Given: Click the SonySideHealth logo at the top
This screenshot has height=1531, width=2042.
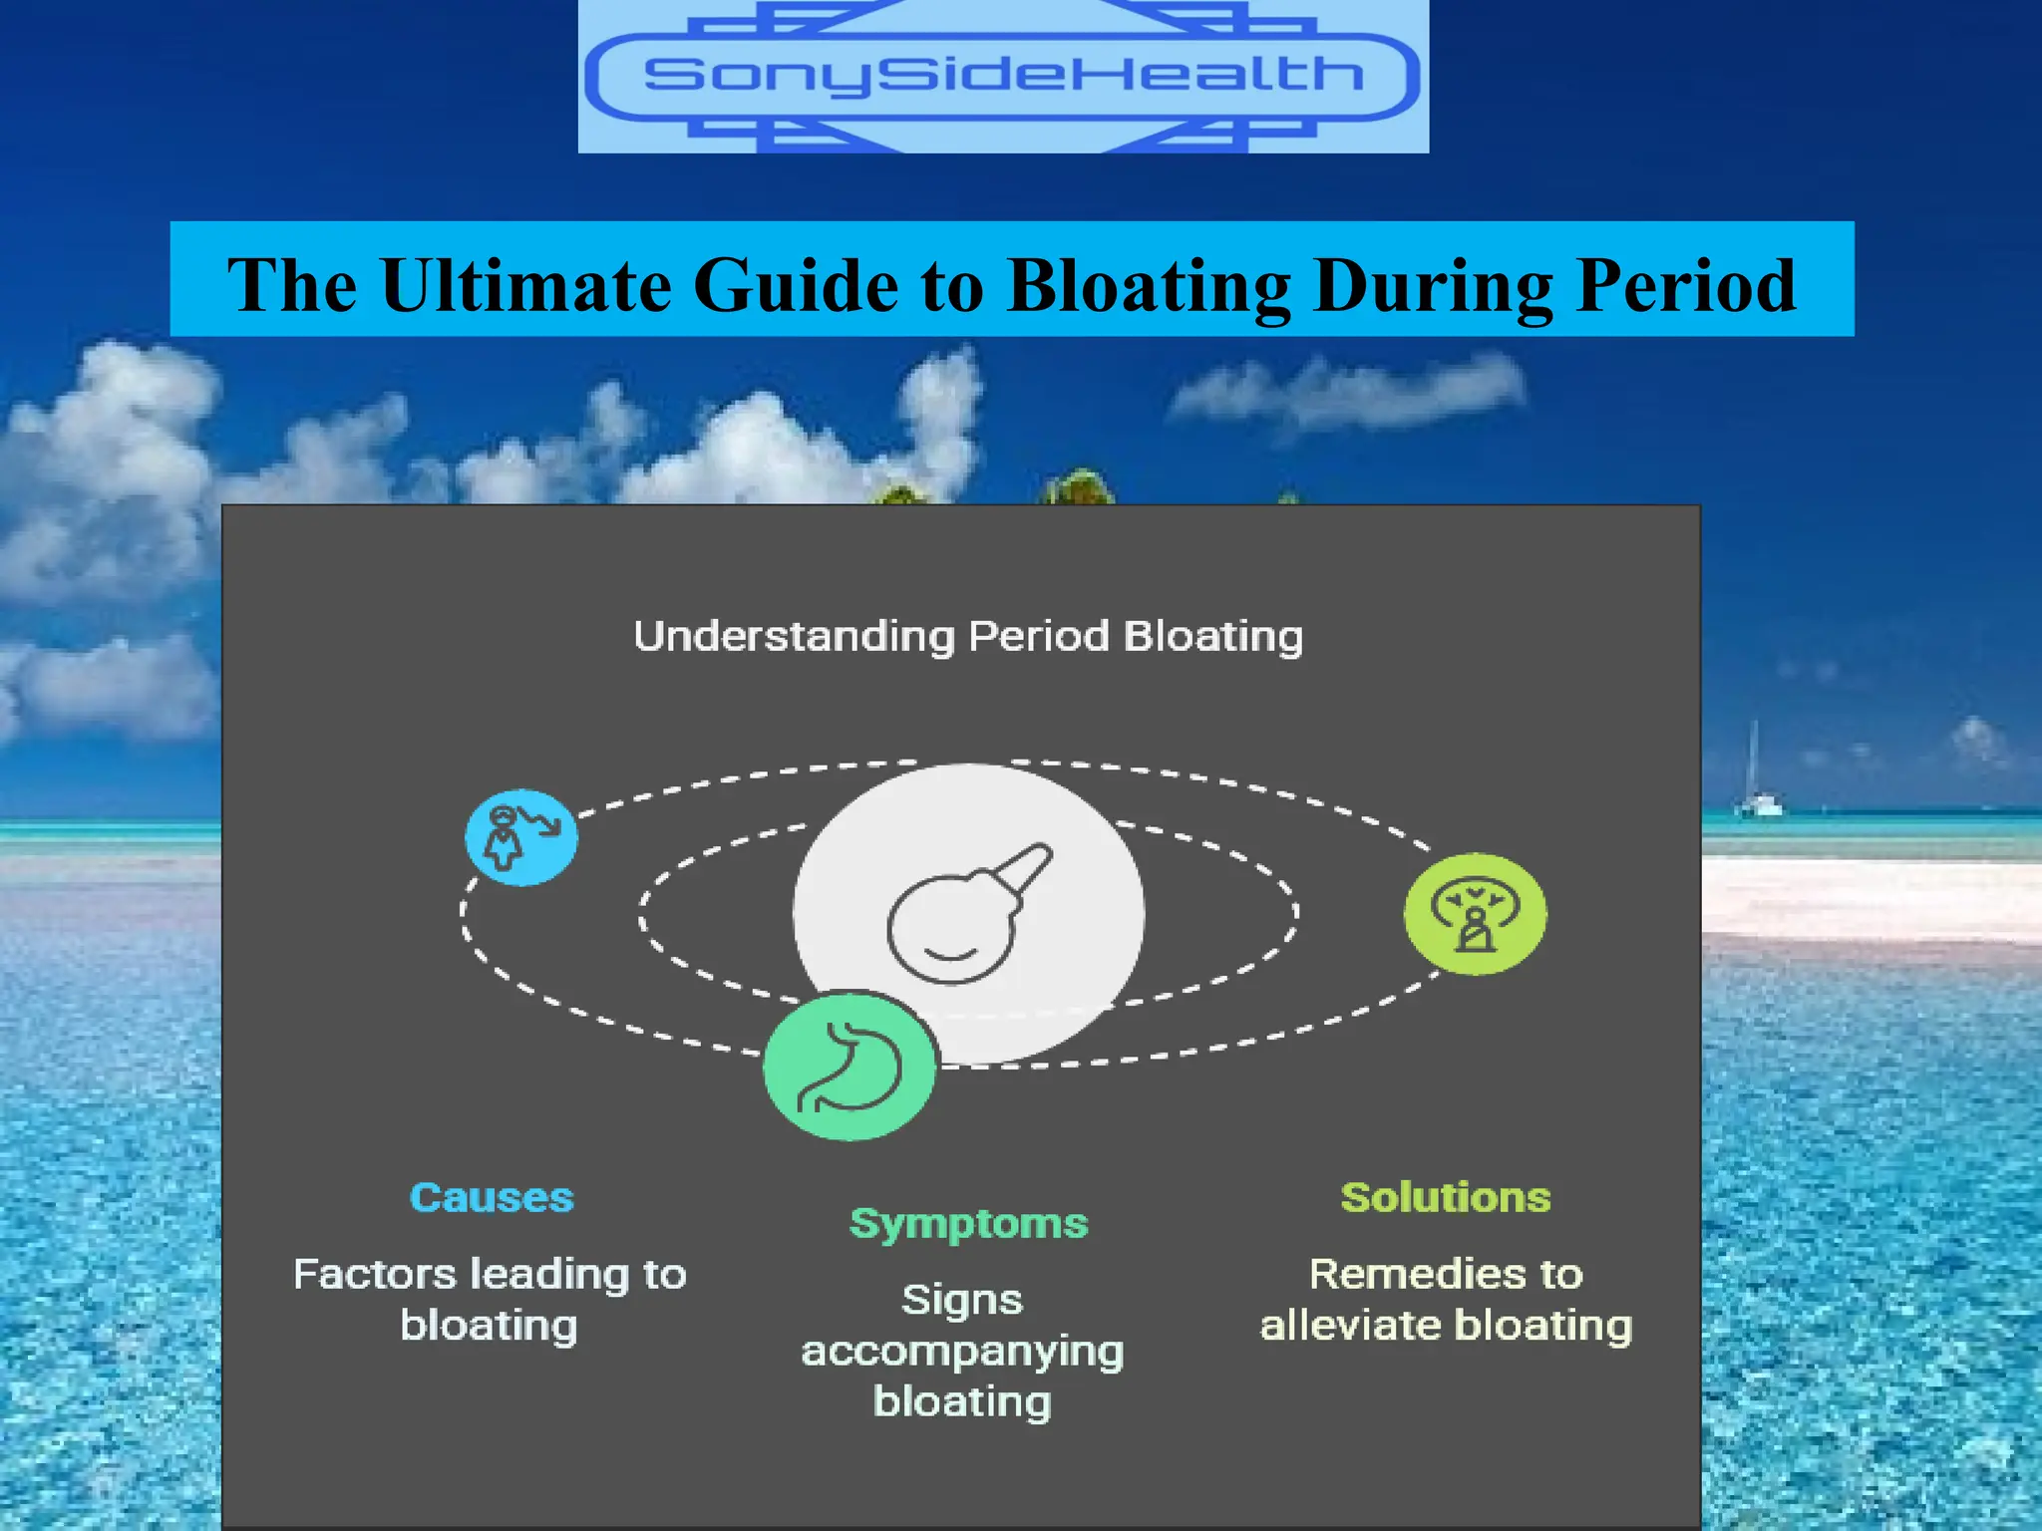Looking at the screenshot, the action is [1003, 76].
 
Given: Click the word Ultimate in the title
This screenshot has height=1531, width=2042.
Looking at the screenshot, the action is [526, 285].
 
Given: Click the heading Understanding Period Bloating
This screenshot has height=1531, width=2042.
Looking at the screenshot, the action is [968, 637].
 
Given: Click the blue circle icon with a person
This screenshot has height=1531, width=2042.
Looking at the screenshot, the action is [521, 837].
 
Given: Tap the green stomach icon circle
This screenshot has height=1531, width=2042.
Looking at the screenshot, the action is [851, 1066].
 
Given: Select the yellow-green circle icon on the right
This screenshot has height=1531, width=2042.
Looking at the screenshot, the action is [1476, 913].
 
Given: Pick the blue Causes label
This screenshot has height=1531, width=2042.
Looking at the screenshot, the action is [492, 1197].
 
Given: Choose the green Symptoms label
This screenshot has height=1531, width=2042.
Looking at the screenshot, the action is [968, 1224].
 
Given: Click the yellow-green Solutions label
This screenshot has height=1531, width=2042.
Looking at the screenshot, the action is [1446, 1197].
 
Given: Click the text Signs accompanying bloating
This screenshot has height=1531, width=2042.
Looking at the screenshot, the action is [962, 1351].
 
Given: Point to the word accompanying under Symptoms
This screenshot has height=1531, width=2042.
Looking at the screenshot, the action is [962, 1353].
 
